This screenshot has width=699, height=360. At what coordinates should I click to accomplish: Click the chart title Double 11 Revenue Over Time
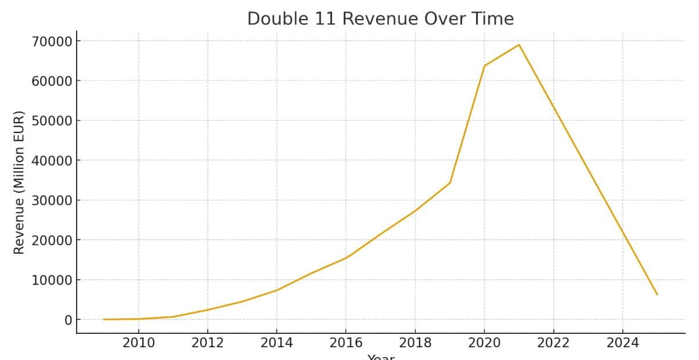click(x=380, y=19)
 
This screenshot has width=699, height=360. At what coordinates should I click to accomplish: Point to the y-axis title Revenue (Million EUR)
click(x=19, y=182)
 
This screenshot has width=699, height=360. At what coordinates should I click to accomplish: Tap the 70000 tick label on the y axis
click(x=52, y=41)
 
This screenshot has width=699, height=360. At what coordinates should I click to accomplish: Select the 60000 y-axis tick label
click(x=52, y=81)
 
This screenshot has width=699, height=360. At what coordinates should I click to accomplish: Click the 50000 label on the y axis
click(x=52, y=121)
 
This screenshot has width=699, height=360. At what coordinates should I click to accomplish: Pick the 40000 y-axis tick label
click(x=52, y=161)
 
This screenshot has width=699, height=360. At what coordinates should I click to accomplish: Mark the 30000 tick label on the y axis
click(x=52, y=200)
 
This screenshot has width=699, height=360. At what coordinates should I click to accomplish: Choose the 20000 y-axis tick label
click(x=52, y=240)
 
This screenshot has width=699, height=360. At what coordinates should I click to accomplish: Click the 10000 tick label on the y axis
click(x=52, y=280)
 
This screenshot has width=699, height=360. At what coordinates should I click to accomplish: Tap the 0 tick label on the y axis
click(x=68, y=320)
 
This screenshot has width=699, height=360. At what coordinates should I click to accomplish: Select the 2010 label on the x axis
click(x=138, y=343)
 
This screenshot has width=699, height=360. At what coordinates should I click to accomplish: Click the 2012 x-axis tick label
click(x=207, y=343)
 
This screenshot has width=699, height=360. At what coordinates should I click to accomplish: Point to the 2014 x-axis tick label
click(x=276, y=343)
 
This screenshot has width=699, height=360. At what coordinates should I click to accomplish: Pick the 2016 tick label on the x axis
click(x=345, y=343)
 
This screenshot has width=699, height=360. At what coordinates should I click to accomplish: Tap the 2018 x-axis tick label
click(x=415, y=343)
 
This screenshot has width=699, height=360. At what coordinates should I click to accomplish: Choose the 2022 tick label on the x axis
click(x=553, y=343)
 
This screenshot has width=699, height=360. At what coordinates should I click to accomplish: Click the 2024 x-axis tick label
click(x=622, y=343)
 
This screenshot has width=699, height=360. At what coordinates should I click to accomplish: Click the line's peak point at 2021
click(x=519, y=45)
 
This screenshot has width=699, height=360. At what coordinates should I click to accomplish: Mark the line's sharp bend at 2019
click(x=450, y=183)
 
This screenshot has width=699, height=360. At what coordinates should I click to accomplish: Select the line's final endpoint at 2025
click(x=657, y=294)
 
